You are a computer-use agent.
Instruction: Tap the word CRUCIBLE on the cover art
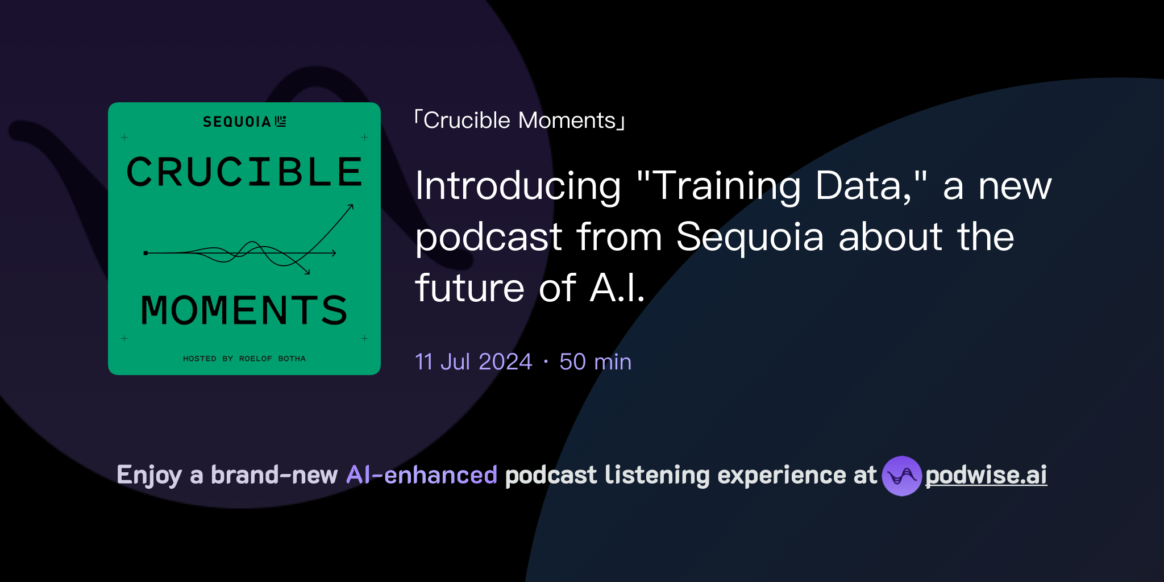tap(244, 172)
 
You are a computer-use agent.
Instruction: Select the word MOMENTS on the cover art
tap(244, 310)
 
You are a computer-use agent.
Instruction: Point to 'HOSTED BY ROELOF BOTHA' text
tap(244, 359)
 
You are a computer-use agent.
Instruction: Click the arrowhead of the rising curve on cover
tap(351, 206)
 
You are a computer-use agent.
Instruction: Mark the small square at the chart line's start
tap(146, 253)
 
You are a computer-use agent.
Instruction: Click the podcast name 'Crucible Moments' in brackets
tap(519, 120)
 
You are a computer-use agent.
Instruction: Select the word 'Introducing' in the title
tap(518, 186)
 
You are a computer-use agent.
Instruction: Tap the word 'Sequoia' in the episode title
tap(750, 237)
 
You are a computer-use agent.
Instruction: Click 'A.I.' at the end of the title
tap(617, 288)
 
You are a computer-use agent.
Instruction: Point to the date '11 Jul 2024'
tap(473, 362)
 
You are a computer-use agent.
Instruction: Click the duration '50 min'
tap(595, 362)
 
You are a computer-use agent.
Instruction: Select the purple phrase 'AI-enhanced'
tap(422, 475)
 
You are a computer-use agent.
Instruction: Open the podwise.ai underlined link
tap(986, 475)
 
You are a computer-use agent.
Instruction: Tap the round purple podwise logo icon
tap(901, 476)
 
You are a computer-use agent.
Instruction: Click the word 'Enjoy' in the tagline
tap(149, 475)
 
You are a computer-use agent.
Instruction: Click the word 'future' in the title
tap(469, 288)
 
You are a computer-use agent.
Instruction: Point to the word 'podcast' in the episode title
tap(488, 237)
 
